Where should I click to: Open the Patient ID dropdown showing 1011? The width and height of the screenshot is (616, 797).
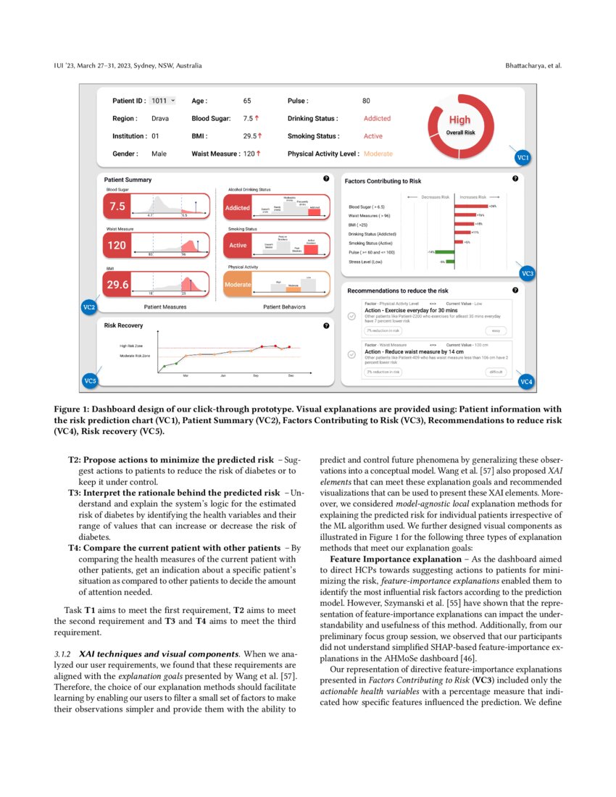point(163,101)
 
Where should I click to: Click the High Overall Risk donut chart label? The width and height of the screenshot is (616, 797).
point(459,122)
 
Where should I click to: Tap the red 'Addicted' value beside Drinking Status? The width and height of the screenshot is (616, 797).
point(377,118)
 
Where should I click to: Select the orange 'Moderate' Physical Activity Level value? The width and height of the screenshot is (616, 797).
point(378,154)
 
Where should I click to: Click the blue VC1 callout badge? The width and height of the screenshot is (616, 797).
point(522,157)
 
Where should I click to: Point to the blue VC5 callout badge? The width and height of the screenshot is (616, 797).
point(90,380)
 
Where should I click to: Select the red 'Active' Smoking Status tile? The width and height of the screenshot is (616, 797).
point(238,246)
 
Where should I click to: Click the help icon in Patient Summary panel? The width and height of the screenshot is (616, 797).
point(326,178)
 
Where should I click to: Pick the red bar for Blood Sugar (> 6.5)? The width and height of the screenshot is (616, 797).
point(471,206)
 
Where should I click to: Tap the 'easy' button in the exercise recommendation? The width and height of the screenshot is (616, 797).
point(496,330)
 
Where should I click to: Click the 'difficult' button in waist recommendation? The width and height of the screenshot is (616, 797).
point(496,372)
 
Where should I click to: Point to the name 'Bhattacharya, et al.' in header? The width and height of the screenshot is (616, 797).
point(533,66)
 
